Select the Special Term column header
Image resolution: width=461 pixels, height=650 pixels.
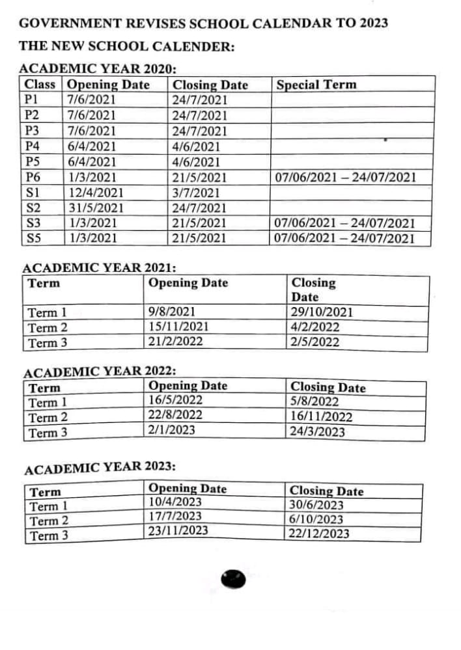click(x=316, y=85)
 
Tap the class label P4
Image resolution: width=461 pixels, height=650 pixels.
click(x=32, y=146)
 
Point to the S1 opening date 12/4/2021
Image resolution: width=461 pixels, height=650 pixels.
click(x=95, y=193)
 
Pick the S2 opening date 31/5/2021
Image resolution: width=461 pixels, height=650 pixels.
click(x=96, y=208)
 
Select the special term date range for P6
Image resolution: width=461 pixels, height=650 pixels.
click(x=345, y=177)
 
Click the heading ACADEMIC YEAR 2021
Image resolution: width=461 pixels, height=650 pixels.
click(x=100, y=267)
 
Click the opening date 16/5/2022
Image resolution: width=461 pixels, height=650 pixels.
click(x=175, y=400)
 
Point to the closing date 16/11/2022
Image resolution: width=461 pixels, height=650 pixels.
click(x=321, y=417)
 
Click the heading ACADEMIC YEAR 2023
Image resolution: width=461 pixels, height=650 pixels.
click(x=100, y=468)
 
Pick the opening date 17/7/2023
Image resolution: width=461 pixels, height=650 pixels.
click(x=175, y=517)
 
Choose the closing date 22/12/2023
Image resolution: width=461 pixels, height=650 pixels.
click(x=319, y=534)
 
